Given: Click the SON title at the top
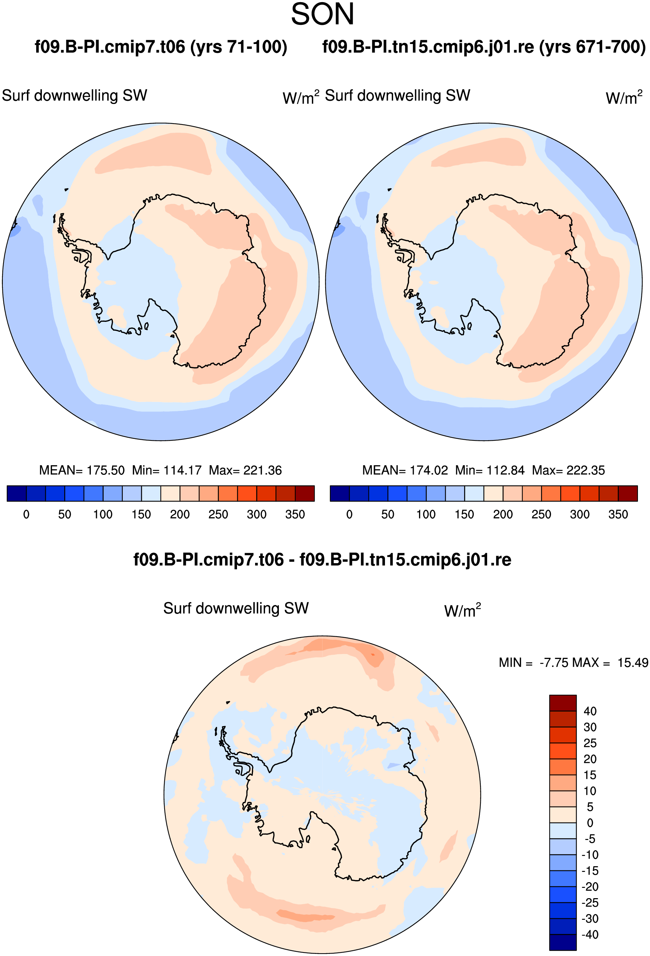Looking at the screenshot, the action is coord(322,14).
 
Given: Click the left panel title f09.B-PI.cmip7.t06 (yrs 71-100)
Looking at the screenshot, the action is coord(161,47).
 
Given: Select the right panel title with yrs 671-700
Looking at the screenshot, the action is coord(484,47).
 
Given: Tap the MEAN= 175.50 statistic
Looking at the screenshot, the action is coord(82,470).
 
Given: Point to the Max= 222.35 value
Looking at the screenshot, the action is coord(568,470).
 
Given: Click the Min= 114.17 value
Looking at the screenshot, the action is coord(167,470).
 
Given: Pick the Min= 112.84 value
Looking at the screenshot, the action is coord(490,470).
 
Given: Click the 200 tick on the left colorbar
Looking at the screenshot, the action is coord(180,514).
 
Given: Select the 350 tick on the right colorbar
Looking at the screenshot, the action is coord(618,514).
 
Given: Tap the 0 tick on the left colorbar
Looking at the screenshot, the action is coord(26,514).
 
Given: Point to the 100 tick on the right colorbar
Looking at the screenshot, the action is coord(426,514).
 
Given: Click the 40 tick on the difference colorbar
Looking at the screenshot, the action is coord(590,711).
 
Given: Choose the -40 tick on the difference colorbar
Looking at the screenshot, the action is coord(590,935).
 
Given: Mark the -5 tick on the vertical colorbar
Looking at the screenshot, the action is coord(590,839).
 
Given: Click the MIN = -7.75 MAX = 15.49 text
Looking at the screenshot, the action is coord(573,663).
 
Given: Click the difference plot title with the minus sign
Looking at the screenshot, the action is coord(322,560).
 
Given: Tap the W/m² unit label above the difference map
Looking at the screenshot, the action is coord(462,610).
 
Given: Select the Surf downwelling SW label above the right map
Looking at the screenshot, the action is coord(397,96).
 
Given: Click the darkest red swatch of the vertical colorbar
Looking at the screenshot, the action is coord(563,703).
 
